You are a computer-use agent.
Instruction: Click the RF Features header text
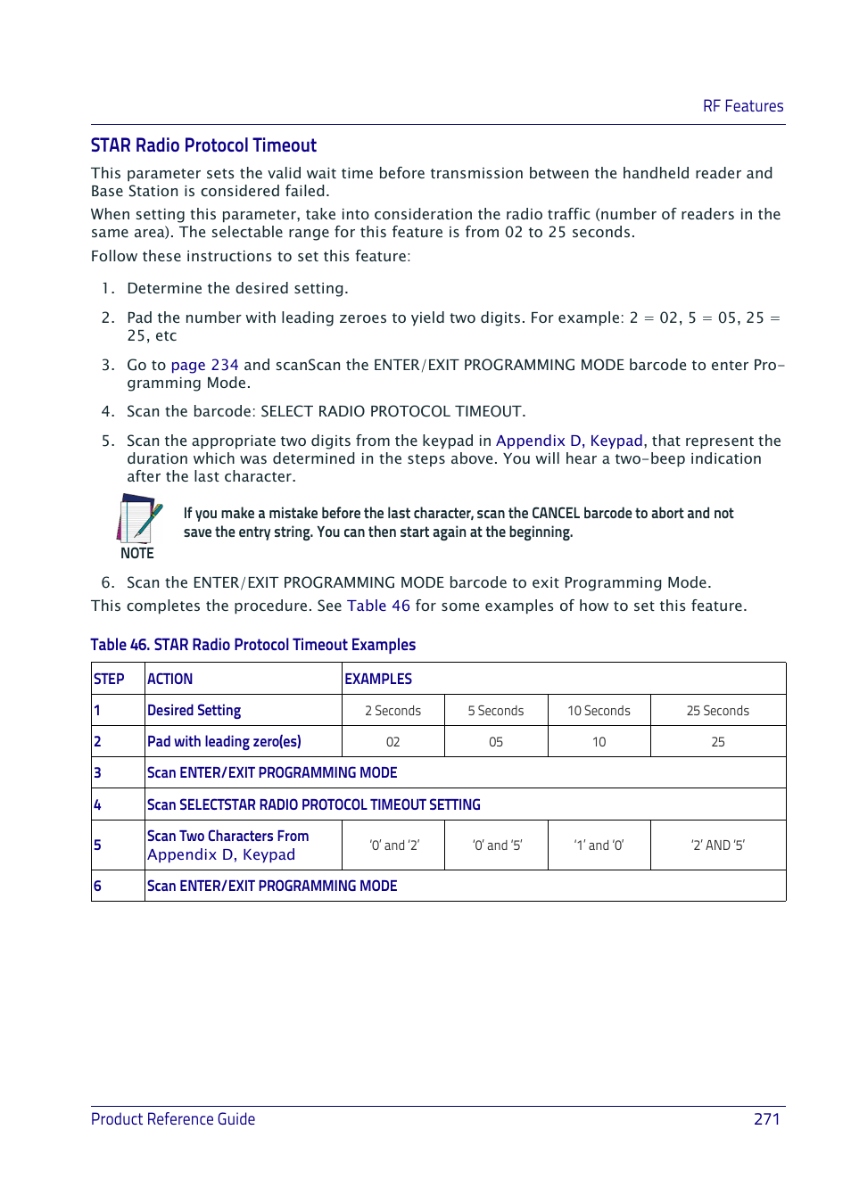(x=742, y=106)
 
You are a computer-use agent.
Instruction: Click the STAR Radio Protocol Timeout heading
(x=203, y=145)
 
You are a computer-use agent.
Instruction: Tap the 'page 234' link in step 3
(x=204, y=365)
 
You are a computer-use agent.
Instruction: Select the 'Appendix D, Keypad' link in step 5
(x=568, y=441)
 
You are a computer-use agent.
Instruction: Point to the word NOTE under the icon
(x=137, y=553)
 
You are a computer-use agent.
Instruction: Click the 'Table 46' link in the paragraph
(x=378, y=606)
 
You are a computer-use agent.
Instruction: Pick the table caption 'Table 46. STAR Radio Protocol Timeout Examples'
(x=252, y=645)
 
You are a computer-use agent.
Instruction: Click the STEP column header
(x=109, y=679)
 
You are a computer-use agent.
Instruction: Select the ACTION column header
(x=169, y=679)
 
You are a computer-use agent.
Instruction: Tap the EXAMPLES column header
(x=378, y=679)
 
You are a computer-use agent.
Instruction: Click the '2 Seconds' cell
(x=392, y=711)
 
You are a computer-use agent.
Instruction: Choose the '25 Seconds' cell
(x=717, y=711)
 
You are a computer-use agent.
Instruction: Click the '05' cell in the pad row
(x=496, y=742)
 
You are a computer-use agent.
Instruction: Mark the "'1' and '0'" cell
(x=599, y=845)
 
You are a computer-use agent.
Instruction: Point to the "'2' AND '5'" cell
(x=717, y=845)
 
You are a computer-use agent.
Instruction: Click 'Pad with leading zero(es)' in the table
(x=224, y=741)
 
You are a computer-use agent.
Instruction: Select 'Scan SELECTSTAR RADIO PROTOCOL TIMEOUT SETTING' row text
(x=313, y=804)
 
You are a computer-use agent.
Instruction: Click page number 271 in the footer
(x=766, y=1118)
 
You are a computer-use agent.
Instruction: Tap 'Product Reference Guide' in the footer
(x=173, y=1118)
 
